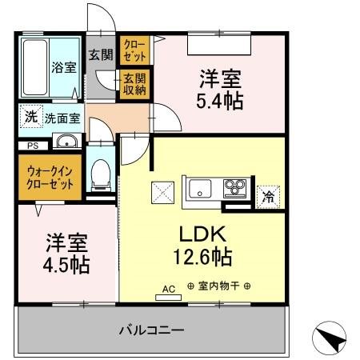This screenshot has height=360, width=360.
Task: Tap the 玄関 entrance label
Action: tap(100, 55)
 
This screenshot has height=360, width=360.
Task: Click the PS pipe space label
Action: tap(33, 146)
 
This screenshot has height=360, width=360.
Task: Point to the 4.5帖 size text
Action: tap(66, 264)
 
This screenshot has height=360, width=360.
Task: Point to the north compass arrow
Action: tap(333, 338)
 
